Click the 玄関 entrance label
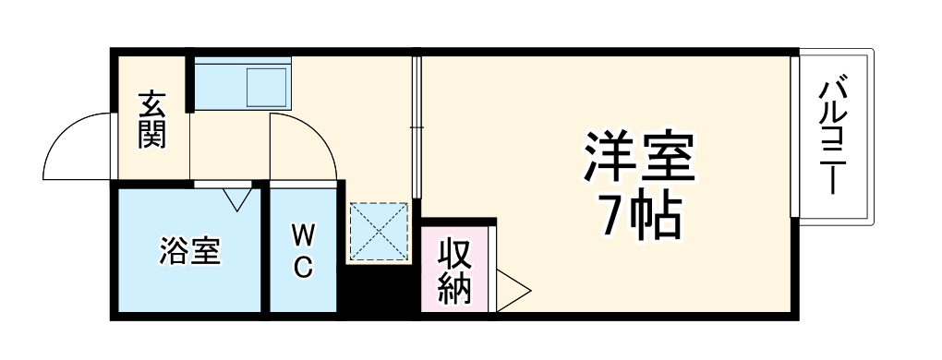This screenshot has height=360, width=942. point(152,120)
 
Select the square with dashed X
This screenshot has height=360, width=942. point(379,231)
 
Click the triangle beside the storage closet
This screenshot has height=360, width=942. point(511,290)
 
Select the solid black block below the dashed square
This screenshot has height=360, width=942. point(379,290)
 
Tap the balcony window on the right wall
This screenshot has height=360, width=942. point(794,137)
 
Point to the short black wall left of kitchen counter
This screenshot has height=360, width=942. point(189,83)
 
